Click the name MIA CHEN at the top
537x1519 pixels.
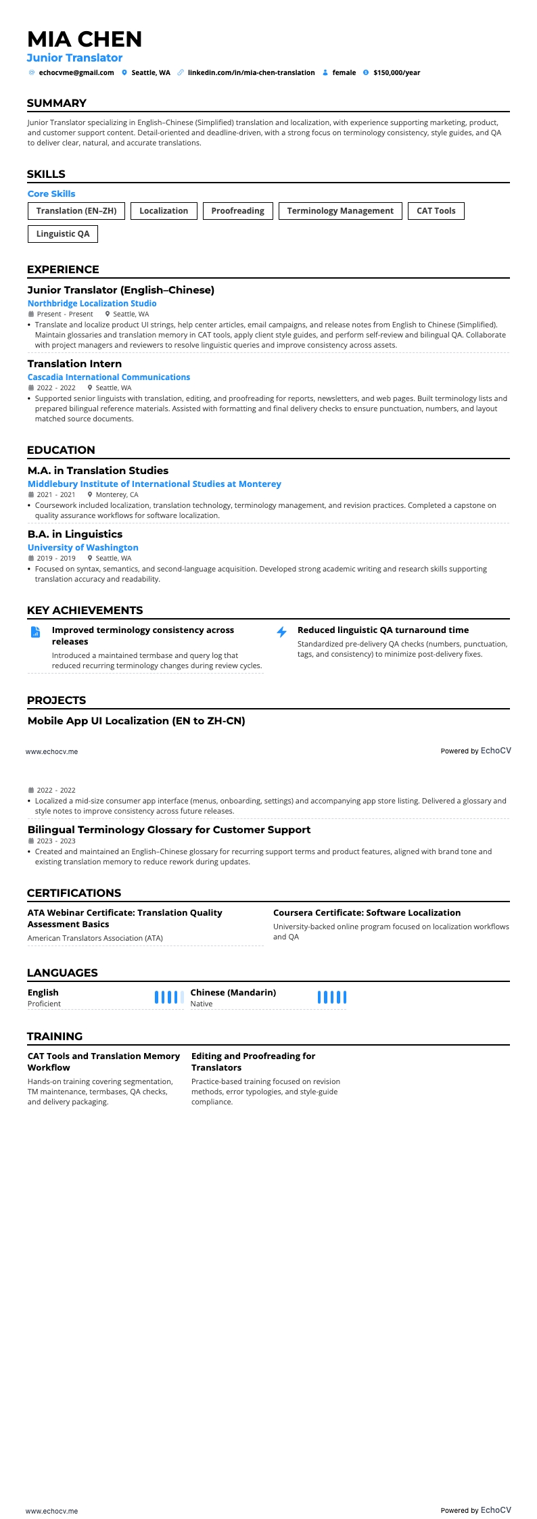pos(85,39)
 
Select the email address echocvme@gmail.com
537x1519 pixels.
pos(76,72)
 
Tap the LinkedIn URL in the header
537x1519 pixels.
pos(251,72)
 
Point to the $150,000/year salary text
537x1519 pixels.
pos(396,72)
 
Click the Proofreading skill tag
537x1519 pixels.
pos(237,211)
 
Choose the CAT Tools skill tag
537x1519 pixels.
pos(436,211)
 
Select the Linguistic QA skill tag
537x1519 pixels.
pos(63,234)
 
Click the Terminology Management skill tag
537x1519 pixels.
pos(340,211)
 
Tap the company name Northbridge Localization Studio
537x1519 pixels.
pos(92,304)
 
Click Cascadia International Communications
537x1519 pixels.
pos(109,377)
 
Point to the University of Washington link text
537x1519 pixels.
pos(83,548)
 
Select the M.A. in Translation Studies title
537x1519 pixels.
pos(98,471)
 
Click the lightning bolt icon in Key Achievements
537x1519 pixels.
pos(282,632)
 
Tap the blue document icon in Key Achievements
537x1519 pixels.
pos(36,632)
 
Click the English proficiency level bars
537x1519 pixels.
pos(169,997)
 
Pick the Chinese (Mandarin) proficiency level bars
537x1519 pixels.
pos(332,997)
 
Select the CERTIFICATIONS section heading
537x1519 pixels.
pos(74,893)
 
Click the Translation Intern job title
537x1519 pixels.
pos(74,364)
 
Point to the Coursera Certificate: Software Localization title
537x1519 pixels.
pos(367,913)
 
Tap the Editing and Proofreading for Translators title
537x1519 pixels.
pos(253,1062)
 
